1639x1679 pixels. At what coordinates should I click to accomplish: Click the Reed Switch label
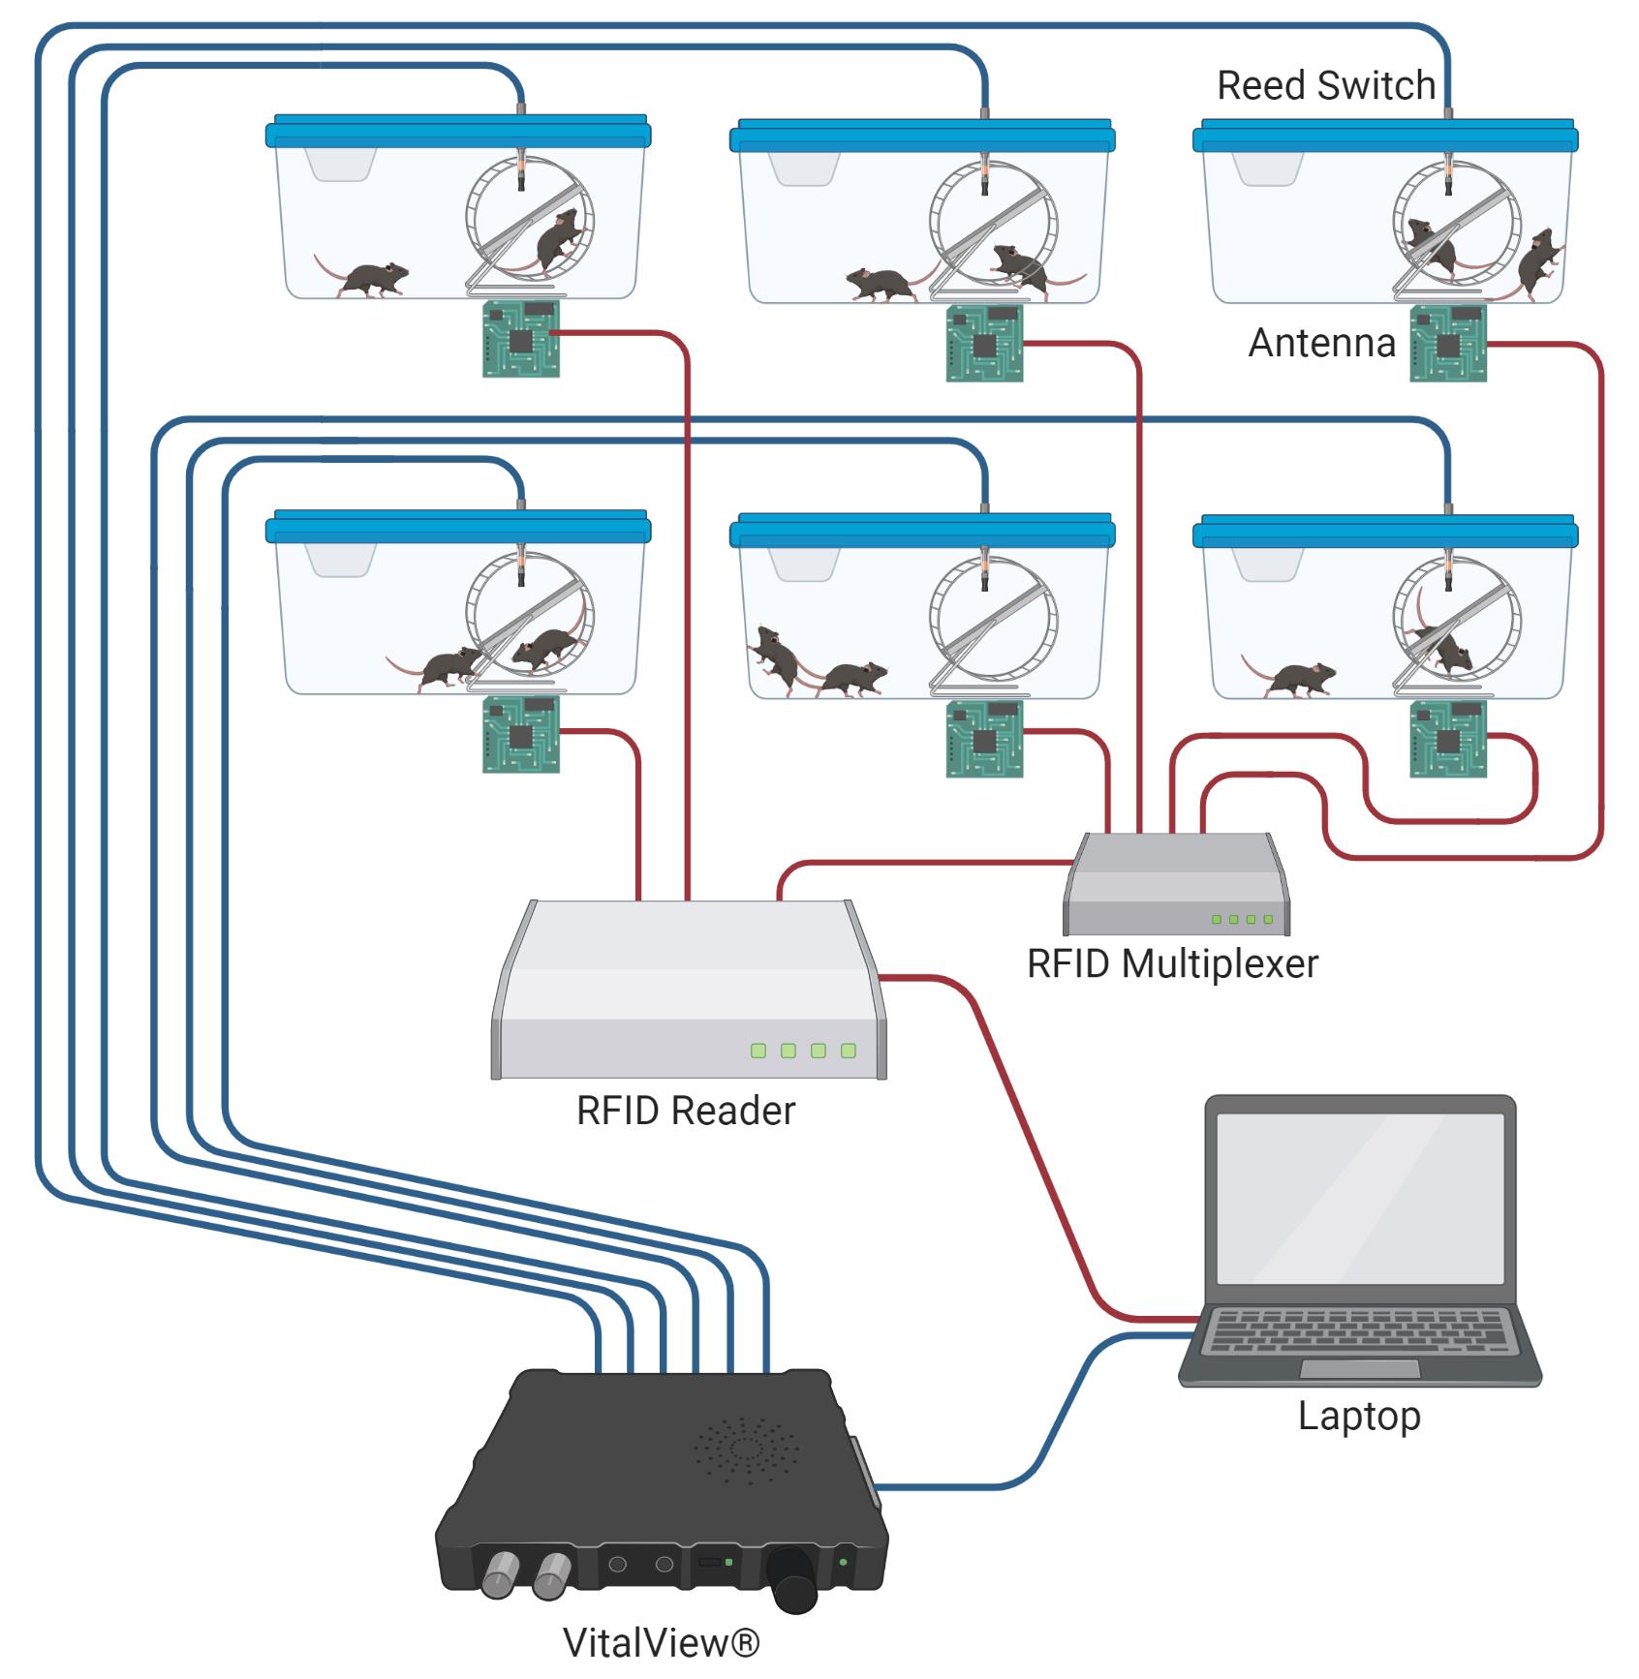click(1325, 85)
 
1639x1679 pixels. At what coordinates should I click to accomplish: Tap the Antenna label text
click(1321, 343)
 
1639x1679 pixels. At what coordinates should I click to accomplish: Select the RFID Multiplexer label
click(1172, 963)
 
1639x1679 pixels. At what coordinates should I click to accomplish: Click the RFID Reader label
click(686, 1111)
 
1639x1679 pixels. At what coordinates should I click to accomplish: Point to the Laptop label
click(1359, 1417)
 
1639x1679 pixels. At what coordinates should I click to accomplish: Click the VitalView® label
click(662, 1642)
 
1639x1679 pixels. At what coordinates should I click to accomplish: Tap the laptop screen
click(1360, 1199)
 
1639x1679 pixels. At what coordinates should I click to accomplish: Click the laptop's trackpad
click(1360, 1368)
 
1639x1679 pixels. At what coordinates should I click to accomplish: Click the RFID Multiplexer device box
click(1177, 883)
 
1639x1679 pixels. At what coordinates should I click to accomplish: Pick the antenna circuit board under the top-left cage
click(521, 338)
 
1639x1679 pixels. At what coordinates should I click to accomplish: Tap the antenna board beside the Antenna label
click(1448, 343)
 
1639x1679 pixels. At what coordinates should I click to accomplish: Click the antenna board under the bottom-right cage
click(1448, 739)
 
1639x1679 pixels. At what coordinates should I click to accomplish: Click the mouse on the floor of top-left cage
click(360, 277)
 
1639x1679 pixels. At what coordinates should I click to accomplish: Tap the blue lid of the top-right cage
click(1385, 135)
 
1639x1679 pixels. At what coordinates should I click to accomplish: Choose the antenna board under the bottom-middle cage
click(985, 739)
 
